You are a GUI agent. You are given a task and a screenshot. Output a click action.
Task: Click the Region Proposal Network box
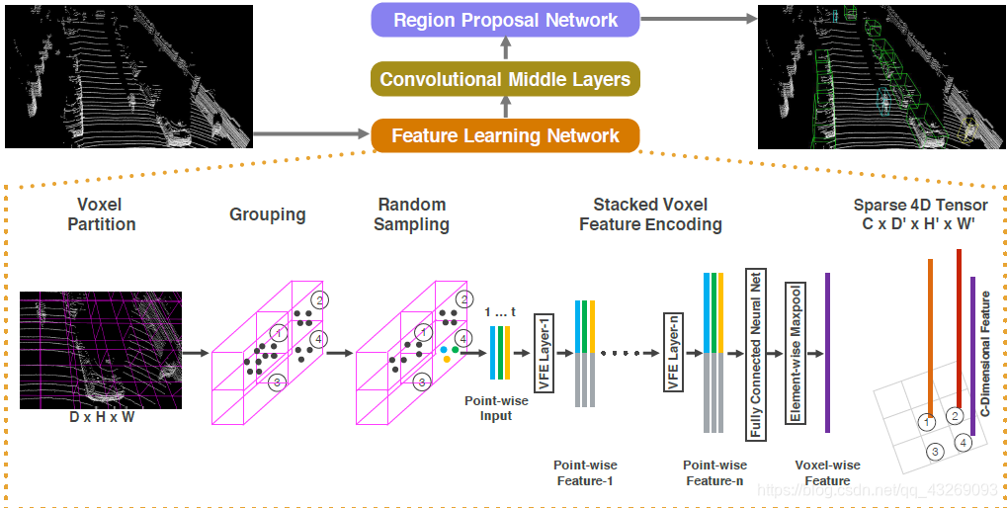pos(505,20)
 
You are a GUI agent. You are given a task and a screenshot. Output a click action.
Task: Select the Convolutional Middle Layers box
pos(505,79)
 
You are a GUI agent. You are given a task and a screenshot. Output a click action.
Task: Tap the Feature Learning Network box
pos(505,135)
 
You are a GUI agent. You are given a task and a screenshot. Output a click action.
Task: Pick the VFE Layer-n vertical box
pos(673,352)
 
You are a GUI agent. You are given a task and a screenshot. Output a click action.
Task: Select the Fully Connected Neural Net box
pos(755,353)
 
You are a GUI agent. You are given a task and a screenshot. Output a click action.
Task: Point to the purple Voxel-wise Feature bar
pos(827,353)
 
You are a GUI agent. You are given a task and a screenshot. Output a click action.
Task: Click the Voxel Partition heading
pos(101,214)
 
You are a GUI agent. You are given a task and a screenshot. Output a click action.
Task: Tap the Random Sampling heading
pos(411,214)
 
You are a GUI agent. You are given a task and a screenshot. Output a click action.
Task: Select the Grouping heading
pos(267,214)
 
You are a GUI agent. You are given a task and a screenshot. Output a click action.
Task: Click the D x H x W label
pos(101,418)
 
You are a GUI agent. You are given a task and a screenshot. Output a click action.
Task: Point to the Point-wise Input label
pos(496,408)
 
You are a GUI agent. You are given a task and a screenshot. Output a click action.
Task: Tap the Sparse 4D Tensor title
pos(920,214)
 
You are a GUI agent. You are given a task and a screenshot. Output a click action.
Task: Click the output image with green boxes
pos(881,76)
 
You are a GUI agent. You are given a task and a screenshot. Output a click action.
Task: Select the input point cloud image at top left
pos(128,76)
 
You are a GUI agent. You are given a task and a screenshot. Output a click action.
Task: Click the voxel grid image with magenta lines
pos(101,351)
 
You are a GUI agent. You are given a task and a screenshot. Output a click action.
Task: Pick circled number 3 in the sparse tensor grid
pos(935,452)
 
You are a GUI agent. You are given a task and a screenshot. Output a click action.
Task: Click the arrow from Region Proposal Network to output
pos(698,20)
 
